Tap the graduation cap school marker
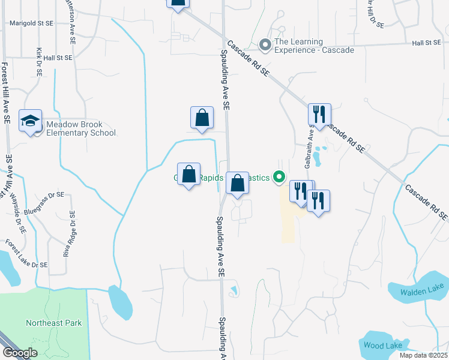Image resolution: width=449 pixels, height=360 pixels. pyautogui.click(x=30, y=121)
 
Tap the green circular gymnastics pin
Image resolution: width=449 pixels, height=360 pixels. pyautogui.click(x=278, y=177)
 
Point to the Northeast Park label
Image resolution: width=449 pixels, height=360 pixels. pyautogui.click(x=53, y=323)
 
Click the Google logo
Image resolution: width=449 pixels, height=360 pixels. pyautogui.click(x=19, y=353)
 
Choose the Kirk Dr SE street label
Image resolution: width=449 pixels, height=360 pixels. pyautogui.click(x=39, y=62)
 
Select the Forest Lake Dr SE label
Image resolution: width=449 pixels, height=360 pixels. pyautogui.click(x=26, y=254)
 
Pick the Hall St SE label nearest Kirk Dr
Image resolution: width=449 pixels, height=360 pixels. pyautogui.click(x=58, y=58)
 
